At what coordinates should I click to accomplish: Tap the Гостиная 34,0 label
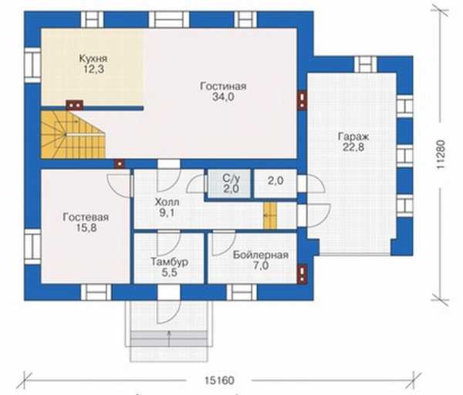coord(223,92)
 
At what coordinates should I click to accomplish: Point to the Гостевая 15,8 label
coord(86,223)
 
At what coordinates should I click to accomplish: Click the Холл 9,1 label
coord(167,208)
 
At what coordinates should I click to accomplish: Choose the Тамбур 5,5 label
coord(170,267)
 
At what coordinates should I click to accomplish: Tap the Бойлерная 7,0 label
coord(261,261)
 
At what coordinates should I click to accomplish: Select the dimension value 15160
coord(219,380)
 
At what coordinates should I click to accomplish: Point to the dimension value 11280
coord(441,154)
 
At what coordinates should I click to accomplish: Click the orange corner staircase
coord(73,135)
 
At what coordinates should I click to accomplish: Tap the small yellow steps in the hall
coord(270,215)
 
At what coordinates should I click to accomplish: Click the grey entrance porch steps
coord(169,339)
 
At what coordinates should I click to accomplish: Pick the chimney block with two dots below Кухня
coord(74,105)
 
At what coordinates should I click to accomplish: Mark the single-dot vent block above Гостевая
coord(120,164)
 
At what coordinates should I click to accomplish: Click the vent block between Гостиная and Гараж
coord(302,100)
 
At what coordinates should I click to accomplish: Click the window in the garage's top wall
coord(366,64)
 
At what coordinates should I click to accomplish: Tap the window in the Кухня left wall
coord(32,65)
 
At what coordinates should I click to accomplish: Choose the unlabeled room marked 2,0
coord(275,184)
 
